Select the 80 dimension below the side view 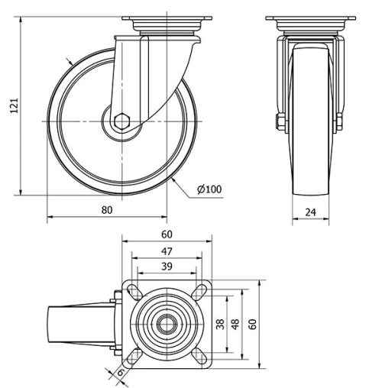click(x=106, y=209)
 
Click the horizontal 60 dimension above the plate click(x=165, y=236)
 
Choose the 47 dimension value click(x=165, y=251)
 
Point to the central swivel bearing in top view click(x=164, y=324)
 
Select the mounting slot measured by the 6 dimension click(x=131, y=357)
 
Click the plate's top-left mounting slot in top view click(x=131, y=291)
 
